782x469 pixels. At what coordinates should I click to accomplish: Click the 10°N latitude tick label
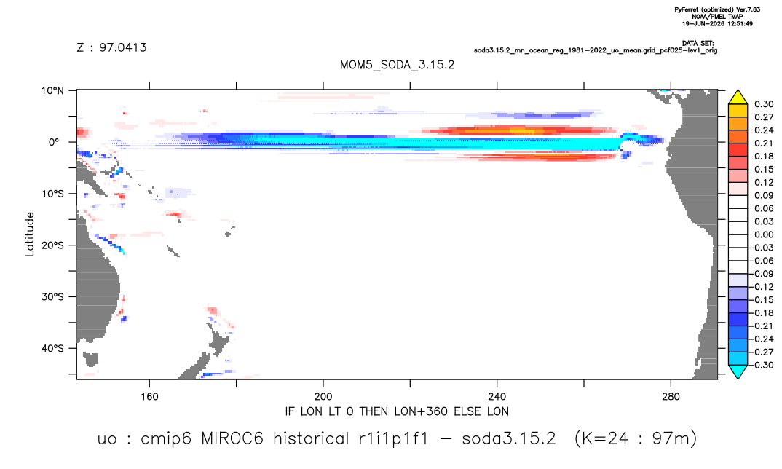click(x=52, y=91)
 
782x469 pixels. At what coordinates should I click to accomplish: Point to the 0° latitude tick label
click(x=54, y=142)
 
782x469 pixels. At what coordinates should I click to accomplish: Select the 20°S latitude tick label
click(x=52, y=245)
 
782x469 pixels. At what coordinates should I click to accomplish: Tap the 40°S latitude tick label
click(x=52, y=348)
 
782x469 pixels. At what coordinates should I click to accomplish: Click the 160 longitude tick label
click(x=149, y=397)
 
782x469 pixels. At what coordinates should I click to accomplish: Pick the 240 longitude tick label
click(x=497, y=397)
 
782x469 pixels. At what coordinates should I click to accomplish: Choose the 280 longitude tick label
click(x=671, y=397)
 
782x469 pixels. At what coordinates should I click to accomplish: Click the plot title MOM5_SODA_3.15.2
click(x=397, y=66)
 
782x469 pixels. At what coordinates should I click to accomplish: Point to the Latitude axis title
click(x=30, y=234)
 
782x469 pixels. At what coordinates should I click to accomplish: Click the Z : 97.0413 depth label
click(x=111, y=48)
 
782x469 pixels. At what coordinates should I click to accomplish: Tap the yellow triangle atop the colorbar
click(x=738, y=97)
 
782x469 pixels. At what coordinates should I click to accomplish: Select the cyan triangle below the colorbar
click(x=738, y=372)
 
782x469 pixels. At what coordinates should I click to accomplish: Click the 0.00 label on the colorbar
click(x=764, y=235)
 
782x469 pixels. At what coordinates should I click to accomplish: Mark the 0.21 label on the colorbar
click(x=764, y=143)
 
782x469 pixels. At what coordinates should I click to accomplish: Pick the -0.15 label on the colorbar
click(x=762, y=300)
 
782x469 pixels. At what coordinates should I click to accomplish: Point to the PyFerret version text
click(x=717, y=10)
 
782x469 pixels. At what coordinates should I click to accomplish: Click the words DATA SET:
click(x=698, y=44)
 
